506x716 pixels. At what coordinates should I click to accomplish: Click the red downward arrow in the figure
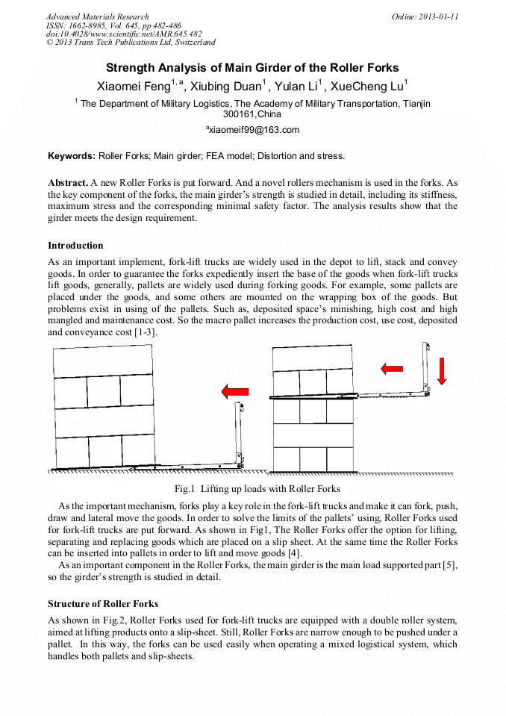441,370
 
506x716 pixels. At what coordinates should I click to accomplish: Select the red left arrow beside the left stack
236,391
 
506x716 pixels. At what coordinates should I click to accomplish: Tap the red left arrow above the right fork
392,368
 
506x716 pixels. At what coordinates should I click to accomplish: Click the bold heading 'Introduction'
75,246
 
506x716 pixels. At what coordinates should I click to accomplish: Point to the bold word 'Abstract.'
68,183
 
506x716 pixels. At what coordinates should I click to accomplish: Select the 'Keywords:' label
72,156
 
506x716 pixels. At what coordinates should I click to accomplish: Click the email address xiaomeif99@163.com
253,130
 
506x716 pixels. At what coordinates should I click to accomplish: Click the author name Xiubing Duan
228,87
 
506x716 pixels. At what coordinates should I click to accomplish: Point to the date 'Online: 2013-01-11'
425,16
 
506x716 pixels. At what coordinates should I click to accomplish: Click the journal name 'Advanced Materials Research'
97,16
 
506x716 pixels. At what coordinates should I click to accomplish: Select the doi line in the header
124,34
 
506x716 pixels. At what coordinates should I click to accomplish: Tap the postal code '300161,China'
252,114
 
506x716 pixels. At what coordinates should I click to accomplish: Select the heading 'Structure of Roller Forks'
103,603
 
